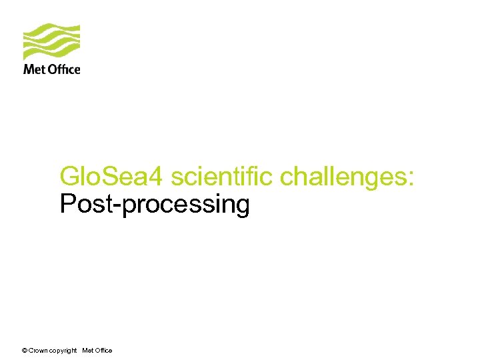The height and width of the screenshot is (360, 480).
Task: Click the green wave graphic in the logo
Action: click(x=51, y=42)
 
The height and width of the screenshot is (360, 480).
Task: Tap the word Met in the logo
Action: click(x=34, y=69)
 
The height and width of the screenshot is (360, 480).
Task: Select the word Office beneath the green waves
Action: click(x=63, y=69)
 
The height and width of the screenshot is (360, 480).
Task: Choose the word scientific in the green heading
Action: click(x=223, y=177)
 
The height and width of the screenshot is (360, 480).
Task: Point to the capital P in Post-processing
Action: click(x=67, y=204)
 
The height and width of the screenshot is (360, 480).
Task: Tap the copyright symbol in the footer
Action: click(x=24, y=350)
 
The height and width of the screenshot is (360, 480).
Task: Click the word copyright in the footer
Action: click(x=63, y=351)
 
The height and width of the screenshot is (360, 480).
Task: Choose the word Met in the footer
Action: click(x=87, y=350)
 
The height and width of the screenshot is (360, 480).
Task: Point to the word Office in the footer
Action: click(x=103, y=350)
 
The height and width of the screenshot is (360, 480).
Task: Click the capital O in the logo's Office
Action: click(x=53, y=69)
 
